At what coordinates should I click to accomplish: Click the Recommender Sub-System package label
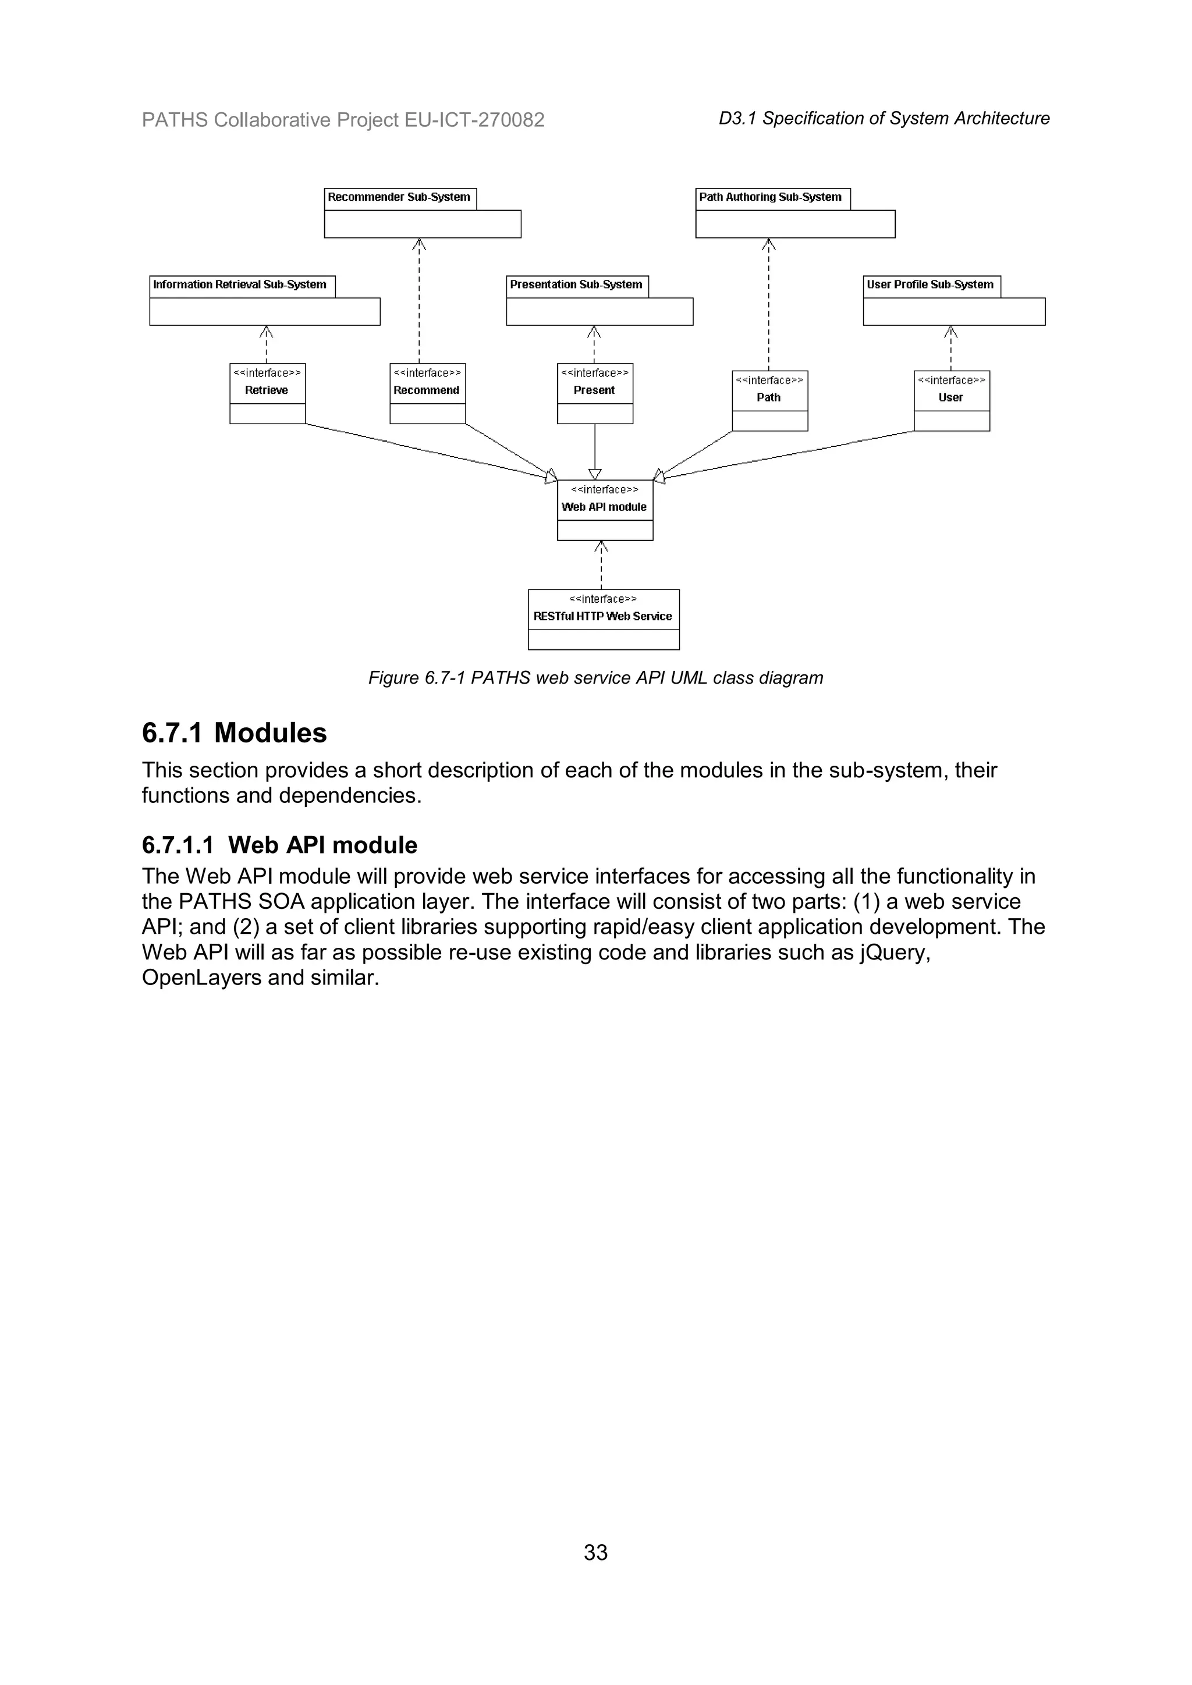[x=399, y=197]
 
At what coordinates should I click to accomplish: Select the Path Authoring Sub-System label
[x=770, y=197]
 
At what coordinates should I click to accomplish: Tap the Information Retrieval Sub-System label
[x=239, y=285]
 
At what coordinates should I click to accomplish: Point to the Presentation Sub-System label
[x=576, y=285]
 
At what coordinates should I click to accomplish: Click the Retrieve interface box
[x=267, y=393]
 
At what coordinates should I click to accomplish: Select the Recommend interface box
[x=427, y=393]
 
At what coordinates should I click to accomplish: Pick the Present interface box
[x=594, y=393]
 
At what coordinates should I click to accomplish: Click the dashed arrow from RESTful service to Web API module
[x=601, y=565]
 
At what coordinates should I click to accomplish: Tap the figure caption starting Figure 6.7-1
[x=595, y=677]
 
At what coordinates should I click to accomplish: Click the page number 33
[x=595, y=1552]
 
